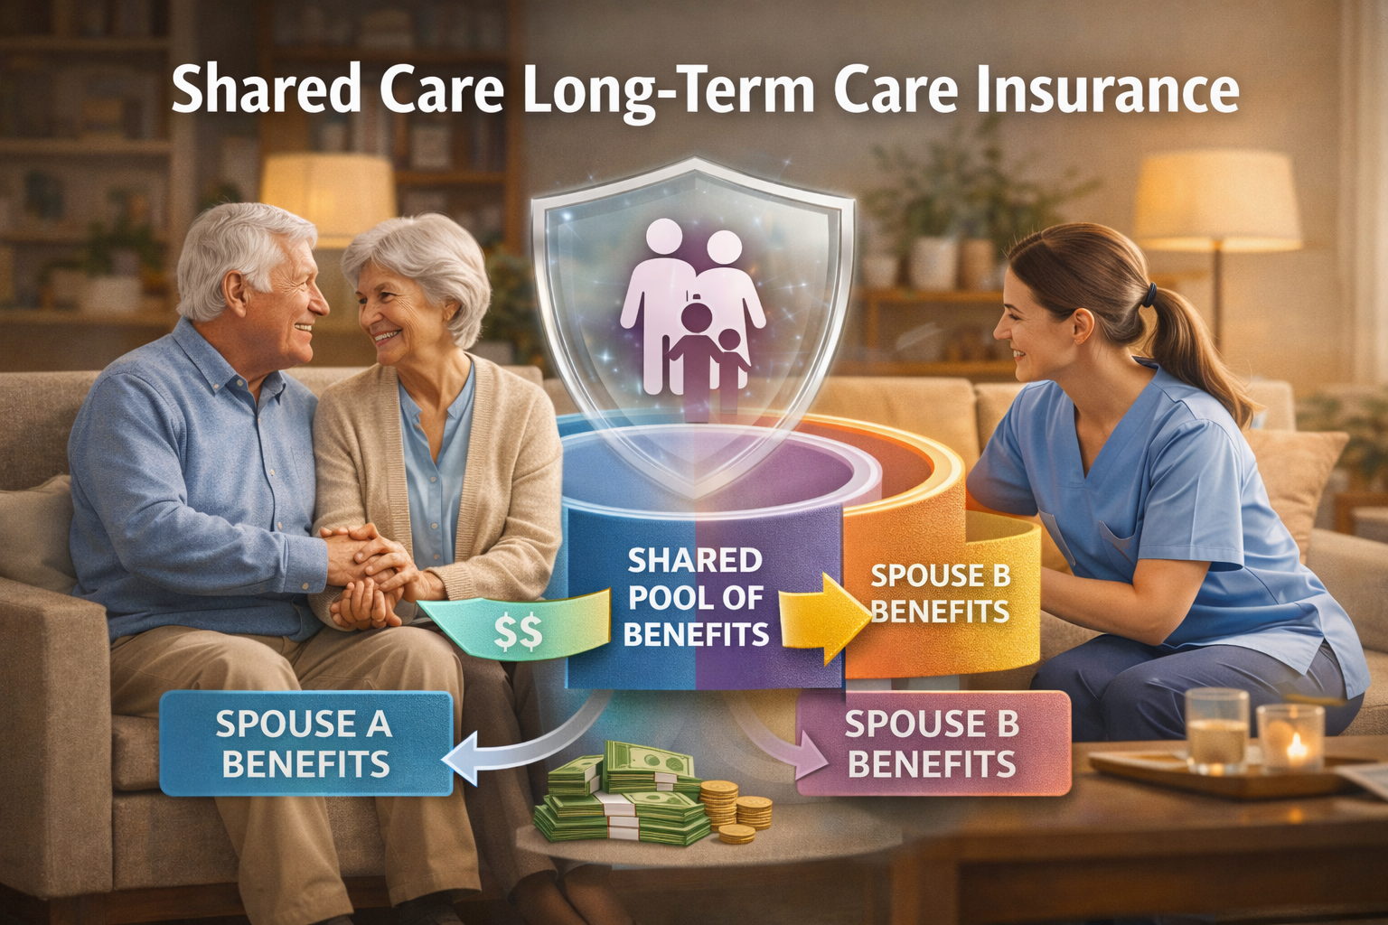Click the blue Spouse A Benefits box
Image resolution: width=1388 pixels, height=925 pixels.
coord(305,743)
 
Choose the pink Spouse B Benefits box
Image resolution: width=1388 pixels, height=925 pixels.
coord(932,743)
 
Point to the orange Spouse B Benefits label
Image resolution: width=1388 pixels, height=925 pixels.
coord(940,593)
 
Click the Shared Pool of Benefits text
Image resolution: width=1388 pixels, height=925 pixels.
coord(695,597)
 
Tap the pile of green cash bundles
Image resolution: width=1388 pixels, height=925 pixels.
coord(624,795)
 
